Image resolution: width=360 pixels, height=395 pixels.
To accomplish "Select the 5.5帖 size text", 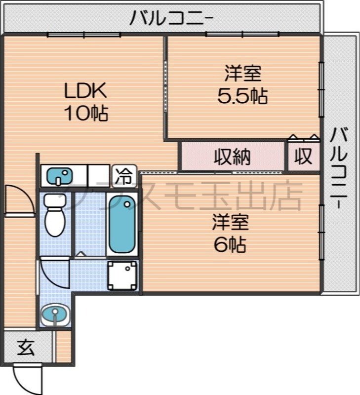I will (x=242, y=96).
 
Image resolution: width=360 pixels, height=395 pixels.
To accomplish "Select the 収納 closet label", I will (x=232, y=157).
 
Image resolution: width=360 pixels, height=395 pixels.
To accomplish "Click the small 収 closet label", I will (x=304, y=157).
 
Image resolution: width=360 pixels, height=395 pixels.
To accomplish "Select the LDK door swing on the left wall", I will (x=20, y=200).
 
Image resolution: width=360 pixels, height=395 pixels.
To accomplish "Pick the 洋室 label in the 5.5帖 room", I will (x=242, y=74).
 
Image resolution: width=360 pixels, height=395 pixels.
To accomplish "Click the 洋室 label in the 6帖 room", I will (x=230, y=222).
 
